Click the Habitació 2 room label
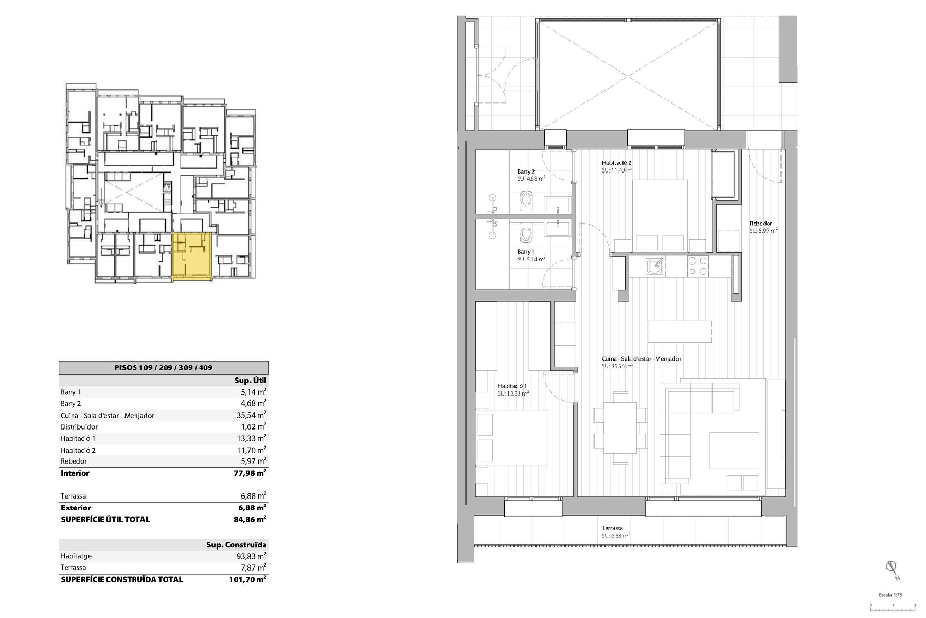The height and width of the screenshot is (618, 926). [x=617, y=163]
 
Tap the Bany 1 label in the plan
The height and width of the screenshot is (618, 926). [x=525, y=252]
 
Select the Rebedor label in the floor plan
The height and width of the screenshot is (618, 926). [x=760, y=224]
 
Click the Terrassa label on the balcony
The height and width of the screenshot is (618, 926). [x=612, y=528]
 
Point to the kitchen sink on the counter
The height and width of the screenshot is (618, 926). [x=654, y=266]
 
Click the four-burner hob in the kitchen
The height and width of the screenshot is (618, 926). [x=698, y=266]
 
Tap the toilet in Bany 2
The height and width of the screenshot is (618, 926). [x=526, y=200]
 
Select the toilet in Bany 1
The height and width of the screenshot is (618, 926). [x=526, y=233]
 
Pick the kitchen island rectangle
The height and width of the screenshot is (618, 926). [x=680, y=332]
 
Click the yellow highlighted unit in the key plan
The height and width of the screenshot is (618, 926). [x=191, y=256]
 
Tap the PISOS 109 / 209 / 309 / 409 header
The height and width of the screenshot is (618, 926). [x=163, y=368]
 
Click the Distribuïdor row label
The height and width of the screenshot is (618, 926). [x=79, y=427]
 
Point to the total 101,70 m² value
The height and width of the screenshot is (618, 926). [x=247, y=579]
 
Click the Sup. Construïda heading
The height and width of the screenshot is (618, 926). [x=236, y=545]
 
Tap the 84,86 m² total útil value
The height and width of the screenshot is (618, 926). [x=250, y=519]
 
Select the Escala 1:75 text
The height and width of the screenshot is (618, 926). [x=890, y=595]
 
